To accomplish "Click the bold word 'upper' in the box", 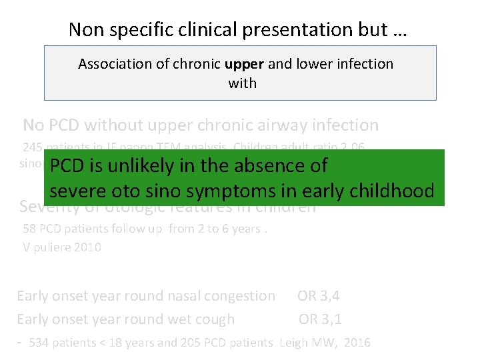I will [x=245, y=64].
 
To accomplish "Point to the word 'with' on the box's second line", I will [x=242, y=83].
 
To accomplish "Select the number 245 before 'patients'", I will [x=31, y=147].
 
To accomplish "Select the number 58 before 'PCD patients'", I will [x=29, y=229].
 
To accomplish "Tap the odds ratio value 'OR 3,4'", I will [x=318, y=295].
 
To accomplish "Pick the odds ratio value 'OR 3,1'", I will [x=319, y=319].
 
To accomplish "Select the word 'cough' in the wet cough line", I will [x=213, y=319].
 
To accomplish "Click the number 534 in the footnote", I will [x=39, y=343].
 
